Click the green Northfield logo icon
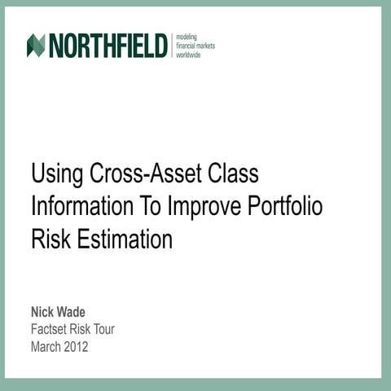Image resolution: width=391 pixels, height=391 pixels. pos(35,46)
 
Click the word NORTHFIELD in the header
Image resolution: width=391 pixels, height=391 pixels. pos(108,46)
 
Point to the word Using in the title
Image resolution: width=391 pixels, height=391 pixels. pos(56,174)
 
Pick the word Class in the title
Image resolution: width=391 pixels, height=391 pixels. pos(235,174)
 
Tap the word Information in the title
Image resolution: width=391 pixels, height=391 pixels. pos(82,207)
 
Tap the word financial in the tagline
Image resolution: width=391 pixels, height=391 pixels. pos(190,46)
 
